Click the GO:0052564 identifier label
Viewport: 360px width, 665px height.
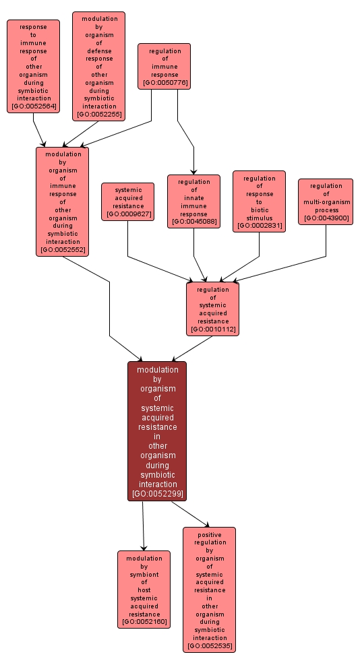pyautogui.click(x=34, y=107)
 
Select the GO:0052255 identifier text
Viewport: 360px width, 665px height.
pyautogui.click(x=98, y=115)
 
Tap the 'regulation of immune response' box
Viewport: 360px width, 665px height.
pyautogui.click(x=164, y=66)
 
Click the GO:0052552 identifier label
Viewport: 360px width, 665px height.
pyautogui.click(x=62, y=250)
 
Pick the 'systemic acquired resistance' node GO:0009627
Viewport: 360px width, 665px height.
pyautogui.click(x=128, y=201)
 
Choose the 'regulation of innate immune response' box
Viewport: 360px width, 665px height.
pyautogui.click(x=193, y=201)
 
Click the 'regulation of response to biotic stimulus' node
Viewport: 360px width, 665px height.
pyautogui.click(x=259, y=201)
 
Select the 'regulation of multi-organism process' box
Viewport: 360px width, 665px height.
pyautogui.click(x=326, y=201)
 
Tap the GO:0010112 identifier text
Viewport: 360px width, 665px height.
pyautogui.click(x=213, y=329)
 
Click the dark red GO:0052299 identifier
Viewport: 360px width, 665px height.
pyautogui.click(x=157, y=494)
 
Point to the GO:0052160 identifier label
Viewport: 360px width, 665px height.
pyautogui.click(x=144, y=622)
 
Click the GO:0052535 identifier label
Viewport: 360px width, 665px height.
pyautogui.click(x=210, y=646)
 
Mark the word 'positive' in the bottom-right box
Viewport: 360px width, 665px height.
pyautogui.click(x=210, y=534)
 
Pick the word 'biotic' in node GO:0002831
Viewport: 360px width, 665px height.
pyautogui.click(x=259, y=210)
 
